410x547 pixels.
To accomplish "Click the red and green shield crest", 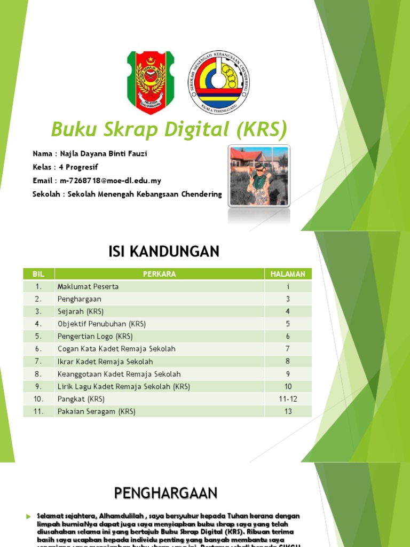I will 151,82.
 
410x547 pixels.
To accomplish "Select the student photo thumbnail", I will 259,176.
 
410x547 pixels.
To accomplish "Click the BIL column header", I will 38,274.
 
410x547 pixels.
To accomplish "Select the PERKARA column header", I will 159,274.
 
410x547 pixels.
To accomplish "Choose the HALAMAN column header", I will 288,274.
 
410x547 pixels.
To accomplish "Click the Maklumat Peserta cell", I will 88,286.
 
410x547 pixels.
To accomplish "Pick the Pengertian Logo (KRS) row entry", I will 95,337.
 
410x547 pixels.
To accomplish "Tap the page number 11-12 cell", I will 288,399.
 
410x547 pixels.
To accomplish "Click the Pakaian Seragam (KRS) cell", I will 97,411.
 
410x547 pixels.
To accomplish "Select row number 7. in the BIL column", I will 38,362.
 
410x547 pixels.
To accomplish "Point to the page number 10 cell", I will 288,387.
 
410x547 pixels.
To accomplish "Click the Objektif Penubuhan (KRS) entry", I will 101,324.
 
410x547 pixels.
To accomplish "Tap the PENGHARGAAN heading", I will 166,493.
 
